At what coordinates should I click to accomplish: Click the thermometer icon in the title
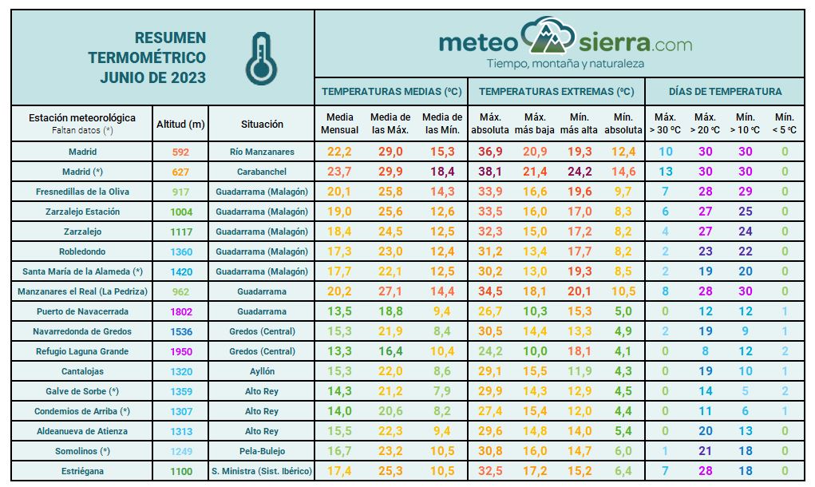(261, 59)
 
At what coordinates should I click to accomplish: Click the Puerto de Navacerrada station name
(82, 311)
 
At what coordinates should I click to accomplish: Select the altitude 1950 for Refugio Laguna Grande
(181, 351)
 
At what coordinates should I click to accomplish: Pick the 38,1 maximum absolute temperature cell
(489, 172)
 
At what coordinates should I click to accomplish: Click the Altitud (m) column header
(181, 124)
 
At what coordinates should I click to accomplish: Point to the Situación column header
(262, 124)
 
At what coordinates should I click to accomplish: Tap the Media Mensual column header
(339, 124)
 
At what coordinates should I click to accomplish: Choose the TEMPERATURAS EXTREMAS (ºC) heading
(557, 92)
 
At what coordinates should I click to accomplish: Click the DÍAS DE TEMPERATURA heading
(725, 92)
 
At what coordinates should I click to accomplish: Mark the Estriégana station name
(82, 471)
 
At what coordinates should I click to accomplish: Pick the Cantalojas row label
(82, 371)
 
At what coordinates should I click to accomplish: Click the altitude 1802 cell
(181, 311)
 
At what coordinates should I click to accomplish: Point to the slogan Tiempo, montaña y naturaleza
(565, 63)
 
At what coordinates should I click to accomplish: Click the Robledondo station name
(82, 251)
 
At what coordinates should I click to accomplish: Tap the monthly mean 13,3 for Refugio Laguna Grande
(339, 351)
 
